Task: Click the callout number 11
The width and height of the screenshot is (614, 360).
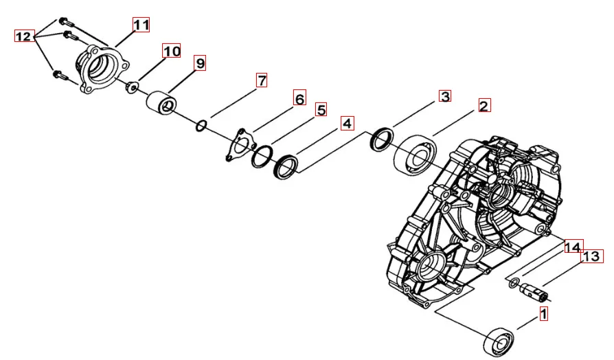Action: pos(141,25)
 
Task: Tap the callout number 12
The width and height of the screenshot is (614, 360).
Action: pos(24,36)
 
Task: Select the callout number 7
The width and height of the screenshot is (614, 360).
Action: pos(262,80)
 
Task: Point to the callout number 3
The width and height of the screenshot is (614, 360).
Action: pos(445,96)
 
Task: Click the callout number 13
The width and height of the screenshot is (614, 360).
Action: pos(591,256)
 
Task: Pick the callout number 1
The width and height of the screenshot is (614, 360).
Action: pos(543,313)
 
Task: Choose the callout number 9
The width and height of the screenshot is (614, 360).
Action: pos(200,63)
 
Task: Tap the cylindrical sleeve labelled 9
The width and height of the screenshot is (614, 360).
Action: pos(161,102)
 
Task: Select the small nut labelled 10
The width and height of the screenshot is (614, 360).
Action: pos(132,87)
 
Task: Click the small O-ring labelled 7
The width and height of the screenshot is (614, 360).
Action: pos(201,126)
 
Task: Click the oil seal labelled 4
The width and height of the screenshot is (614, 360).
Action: pos(286,167)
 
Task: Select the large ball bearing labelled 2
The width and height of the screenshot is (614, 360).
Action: pos(415,155)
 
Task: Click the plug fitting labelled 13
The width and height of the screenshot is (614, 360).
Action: pos(534,291)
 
